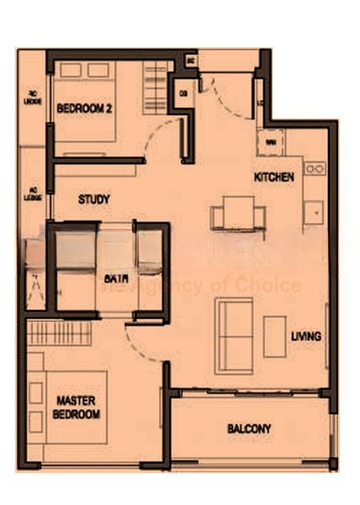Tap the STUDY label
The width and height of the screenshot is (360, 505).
[x=94, y=199]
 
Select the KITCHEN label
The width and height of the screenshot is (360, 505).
[x=274, y=178]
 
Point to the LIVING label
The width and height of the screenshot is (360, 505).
[x=305, y=336]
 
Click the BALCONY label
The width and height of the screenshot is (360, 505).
[x=249, y=428]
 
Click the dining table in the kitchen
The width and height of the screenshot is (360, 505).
[x=238, y=212]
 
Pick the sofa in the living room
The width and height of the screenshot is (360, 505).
[x=232, y=335]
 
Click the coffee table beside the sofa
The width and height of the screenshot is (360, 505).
[x=274, y=336]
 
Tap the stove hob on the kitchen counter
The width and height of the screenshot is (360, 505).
[x=314, y=169]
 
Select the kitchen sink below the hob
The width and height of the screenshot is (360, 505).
[x=315, y=210]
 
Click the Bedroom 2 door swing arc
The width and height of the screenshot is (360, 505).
[x=165, y=139]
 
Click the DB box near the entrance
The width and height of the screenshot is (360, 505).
[x=183, y=93]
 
